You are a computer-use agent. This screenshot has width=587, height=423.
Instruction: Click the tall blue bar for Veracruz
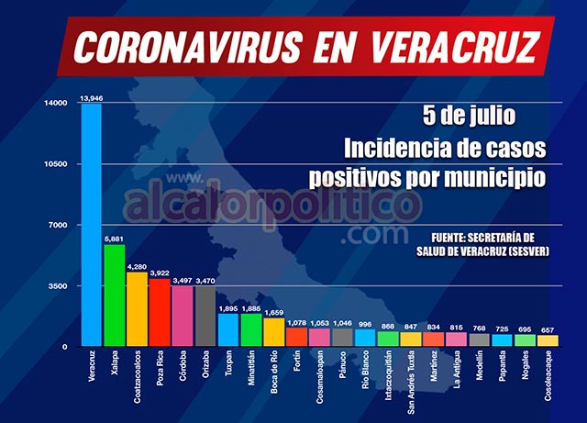click(x=91, y=225)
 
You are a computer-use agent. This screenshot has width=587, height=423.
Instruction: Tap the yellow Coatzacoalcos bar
click(x=137, y=309)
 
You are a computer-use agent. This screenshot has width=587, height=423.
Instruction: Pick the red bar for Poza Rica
click(x=160, y=312)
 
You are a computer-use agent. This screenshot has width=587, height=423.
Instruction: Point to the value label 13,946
click(x=91, y=97)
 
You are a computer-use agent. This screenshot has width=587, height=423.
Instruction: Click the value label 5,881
click(x=114, y=239)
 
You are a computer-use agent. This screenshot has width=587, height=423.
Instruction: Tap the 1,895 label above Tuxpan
click(x=228, y=308)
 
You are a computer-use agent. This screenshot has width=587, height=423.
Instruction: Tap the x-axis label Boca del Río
click(x=273, y=374)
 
